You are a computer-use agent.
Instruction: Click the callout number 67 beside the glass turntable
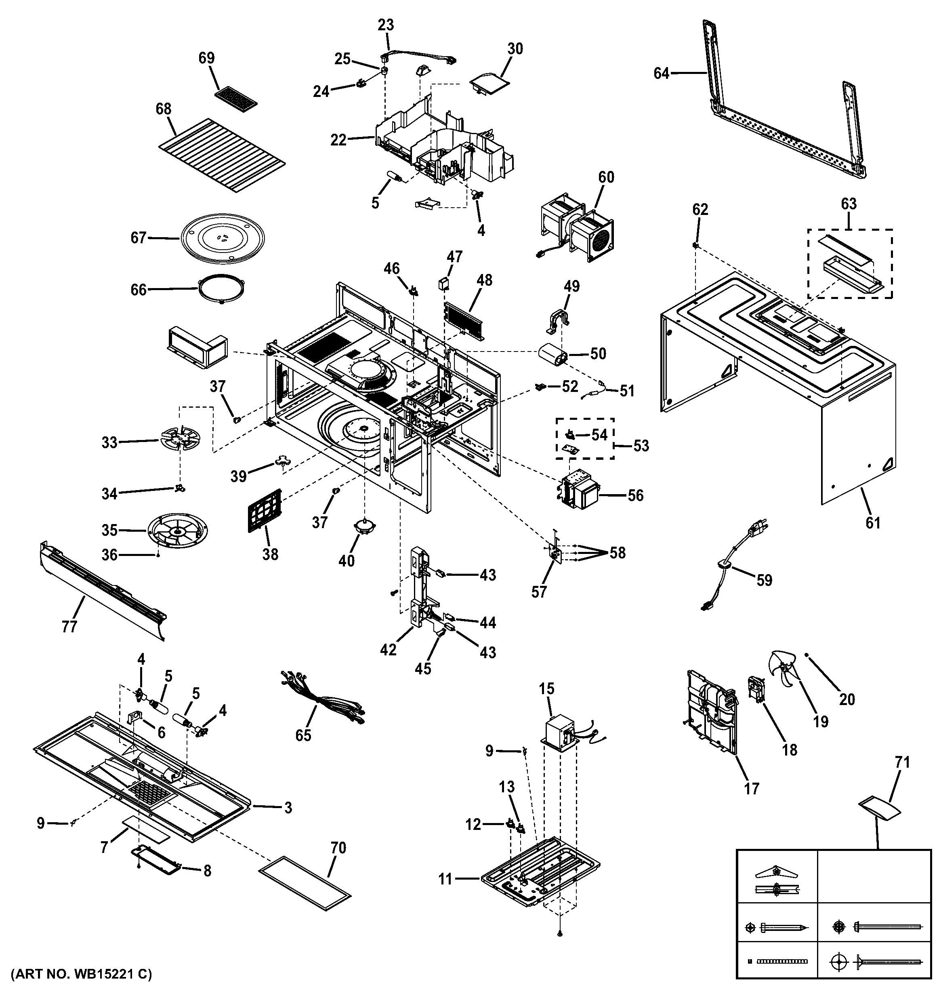point(138,238)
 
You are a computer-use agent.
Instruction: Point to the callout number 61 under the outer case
point(873,523)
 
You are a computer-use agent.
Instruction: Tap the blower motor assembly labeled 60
point(578,229)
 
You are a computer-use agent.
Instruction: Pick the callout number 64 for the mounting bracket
point(662,74)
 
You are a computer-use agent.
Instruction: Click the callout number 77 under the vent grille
point(69,627)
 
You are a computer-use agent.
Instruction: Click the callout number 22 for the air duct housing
point(338,140)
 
